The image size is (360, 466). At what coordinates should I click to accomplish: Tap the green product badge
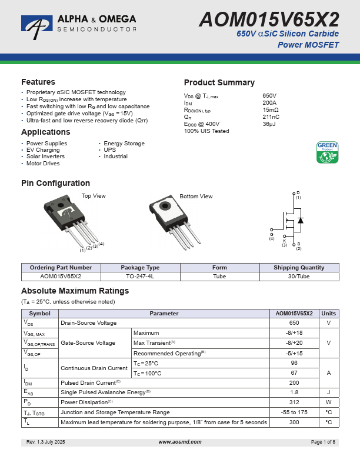(328, 152)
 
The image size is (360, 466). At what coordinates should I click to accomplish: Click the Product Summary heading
(219, 82)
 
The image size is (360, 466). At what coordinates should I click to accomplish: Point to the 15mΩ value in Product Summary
(271, 110)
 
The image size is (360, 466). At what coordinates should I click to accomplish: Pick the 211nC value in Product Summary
(271, 117)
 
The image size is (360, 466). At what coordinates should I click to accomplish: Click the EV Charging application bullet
(43, 150)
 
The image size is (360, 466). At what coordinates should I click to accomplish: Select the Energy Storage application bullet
(124, 144)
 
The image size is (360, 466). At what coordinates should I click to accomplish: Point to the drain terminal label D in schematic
(298, 193)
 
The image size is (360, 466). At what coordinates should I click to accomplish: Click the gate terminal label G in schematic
(272, 234)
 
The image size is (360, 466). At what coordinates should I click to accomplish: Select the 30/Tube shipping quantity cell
(299, 276)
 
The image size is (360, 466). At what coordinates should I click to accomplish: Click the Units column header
(329, 314)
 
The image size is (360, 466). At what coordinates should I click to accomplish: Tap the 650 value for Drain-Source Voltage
(294, 323)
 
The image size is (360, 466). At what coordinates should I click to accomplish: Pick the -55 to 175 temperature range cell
(294, 412)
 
